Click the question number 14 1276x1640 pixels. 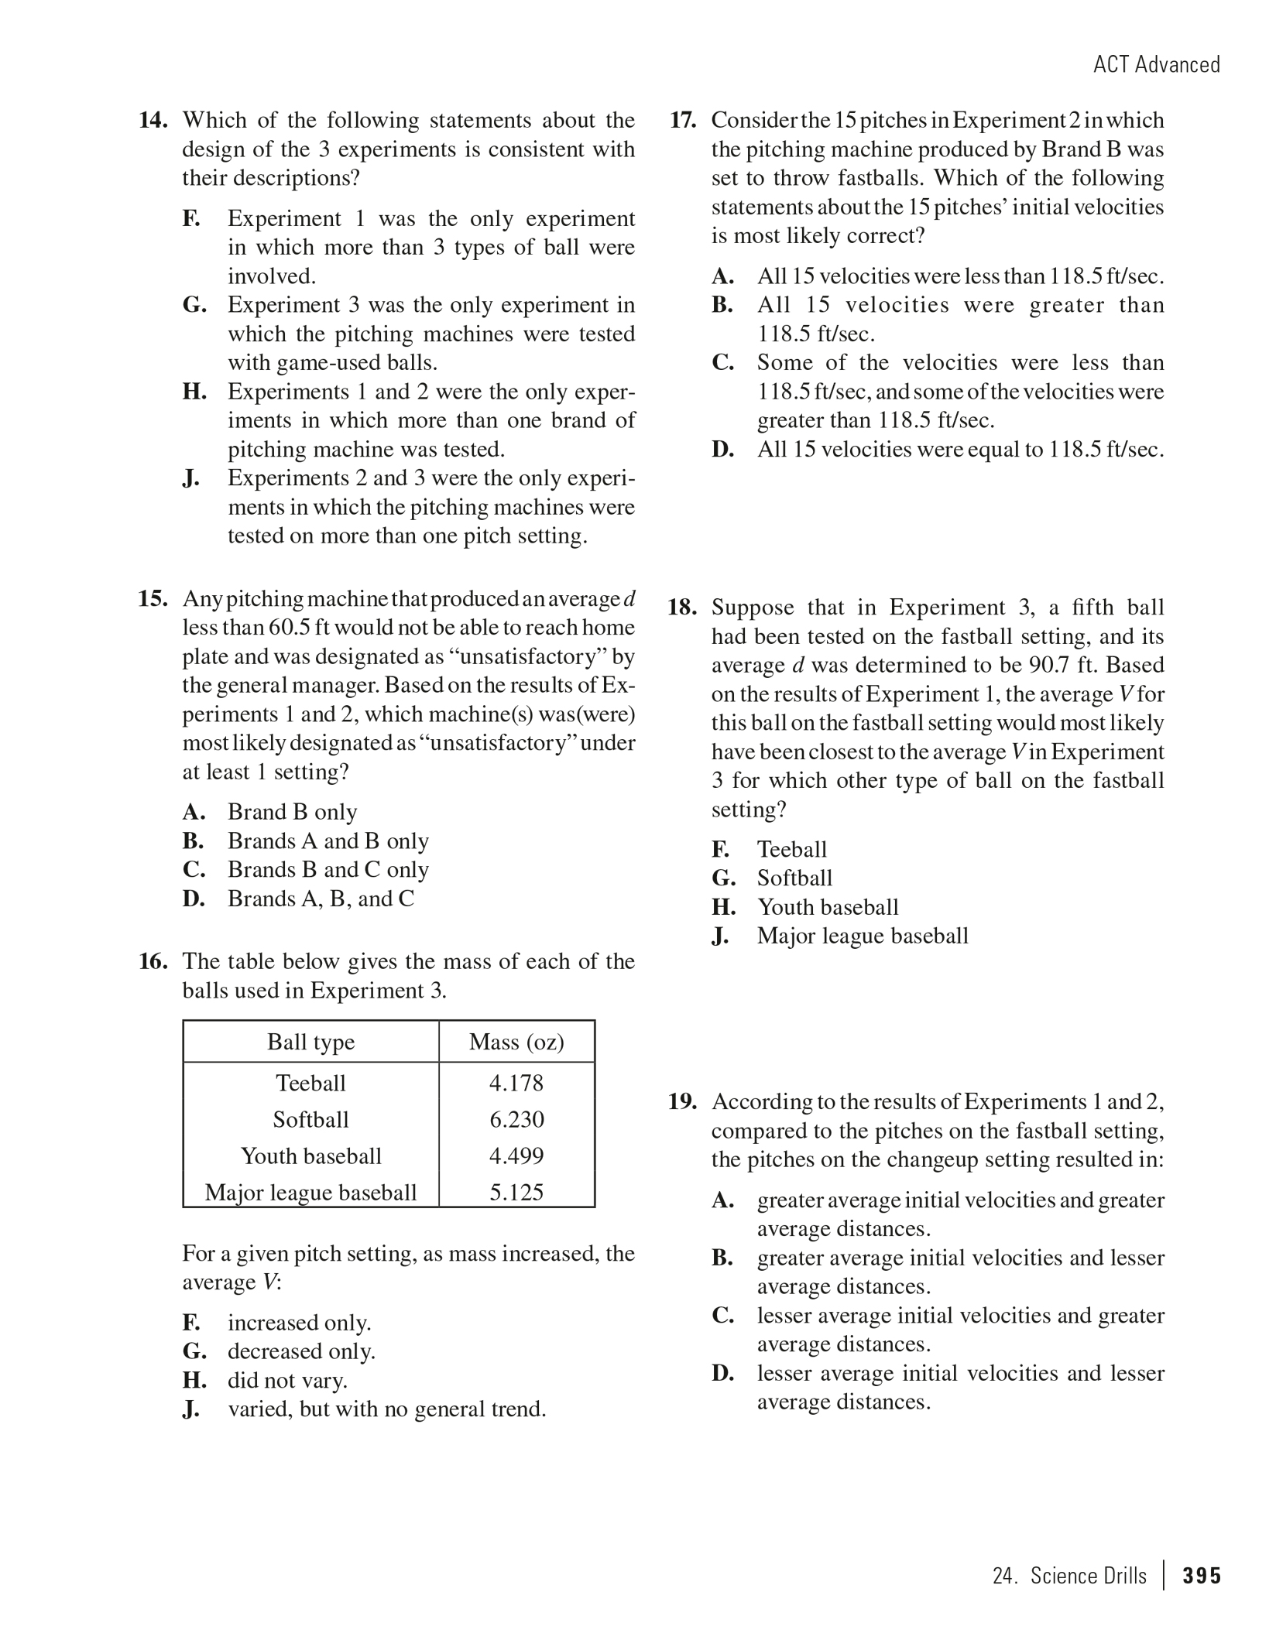click(x=153, y=121)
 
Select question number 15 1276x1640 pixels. click(x=153, y=599)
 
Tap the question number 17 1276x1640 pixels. click(x=682, y=121)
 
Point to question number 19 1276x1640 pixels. click(x=682, y=1102)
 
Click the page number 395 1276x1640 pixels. click(x=1202, y=1577)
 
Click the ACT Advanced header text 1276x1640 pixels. click(x=1156, y=64)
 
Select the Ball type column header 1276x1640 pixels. click(x=310, y=1043)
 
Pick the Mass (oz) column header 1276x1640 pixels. click(x=516, y=1043)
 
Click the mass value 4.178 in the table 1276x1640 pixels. click(x=516, y=1084)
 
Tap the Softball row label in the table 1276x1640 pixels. click(x=310, y=1120)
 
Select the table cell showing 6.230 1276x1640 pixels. click(x=516, y=1120)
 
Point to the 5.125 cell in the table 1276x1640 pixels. click(x=516, y=1193)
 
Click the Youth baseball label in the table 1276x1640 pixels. click(x=310, y=1156)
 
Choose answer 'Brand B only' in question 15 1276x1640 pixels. click(x=292, y=813)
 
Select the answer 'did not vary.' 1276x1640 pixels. click(x=287, y=1381)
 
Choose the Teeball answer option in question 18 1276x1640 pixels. click(x=791, y=850)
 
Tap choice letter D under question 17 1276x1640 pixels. click(x=722, y=450)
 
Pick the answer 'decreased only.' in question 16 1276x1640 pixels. click(x=301, y=1351)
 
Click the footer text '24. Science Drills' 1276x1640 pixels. click(x=1069, y=1577)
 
